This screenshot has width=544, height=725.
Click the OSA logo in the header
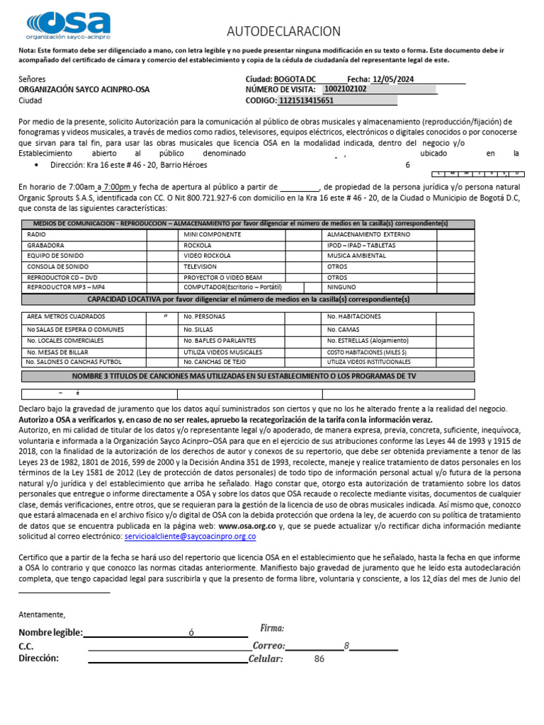pos(68,25)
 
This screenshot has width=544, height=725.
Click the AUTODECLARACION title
pos(283,31)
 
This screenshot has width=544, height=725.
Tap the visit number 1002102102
pos(345,90)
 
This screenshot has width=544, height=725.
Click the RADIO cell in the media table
pos(36,234)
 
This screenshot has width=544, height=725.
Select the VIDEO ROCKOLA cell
pos(207,255)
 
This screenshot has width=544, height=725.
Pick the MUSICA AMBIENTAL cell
pos(356,255)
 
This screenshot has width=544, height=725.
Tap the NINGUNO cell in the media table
pos(341,287)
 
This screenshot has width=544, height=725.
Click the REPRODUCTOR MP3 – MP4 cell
pos(65,287)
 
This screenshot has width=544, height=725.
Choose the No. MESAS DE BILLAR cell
pos(57,352)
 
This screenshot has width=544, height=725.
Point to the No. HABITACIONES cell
pos(353,316)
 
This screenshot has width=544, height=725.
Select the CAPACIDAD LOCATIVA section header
pos(248,300)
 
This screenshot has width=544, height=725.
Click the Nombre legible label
pos(50,632)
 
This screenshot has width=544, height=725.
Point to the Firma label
pos(272,628)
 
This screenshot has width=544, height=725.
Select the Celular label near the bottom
pos(266,659)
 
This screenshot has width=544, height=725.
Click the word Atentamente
pos(42,614)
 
